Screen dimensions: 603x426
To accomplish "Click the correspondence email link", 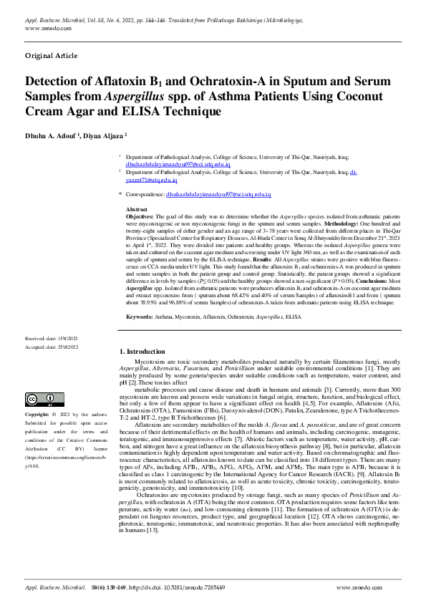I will pyautogui.click(x=218, y=194).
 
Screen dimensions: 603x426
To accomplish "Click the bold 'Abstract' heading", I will pyautogui.click(x=137, y=208).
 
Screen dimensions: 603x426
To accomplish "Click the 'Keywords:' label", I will pyautogui.click(x=140, y=317).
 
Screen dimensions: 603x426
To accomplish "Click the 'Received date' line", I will pyautogui.click(x=52, y=337).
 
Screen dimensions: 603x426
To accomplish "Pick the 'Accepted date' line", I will pyautogui.click(x=52, y=346).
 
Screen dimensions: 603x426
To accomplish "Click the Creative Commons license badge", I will pyautogui.click(x=44, y=399).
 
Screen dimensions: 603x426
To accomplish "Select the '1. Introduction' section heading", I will pyautogui.click(x=141, y=351).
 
